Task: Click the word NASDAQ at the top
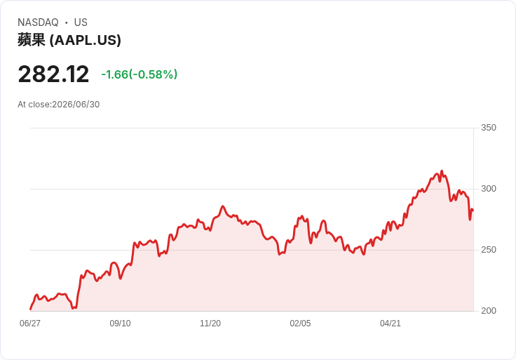(38, 22)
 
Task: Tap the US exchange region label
(81, 22)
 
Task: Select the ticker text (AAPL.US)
(86, 40)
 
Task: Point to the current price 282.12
(53, 74)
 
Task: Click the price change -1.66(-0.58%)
(140, 74)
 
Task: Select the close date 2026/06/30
(76, 105)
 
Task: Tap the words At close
(34, 105)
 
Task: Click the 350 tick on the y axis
(489, 128)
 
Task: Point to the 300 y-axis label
(489, 189)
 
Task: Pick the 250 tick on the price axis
(489, 250)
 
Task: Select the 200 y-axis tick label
(489, 311)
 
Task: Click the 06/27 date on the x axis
(30, 324)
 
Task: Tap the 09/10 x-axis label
(120, 324)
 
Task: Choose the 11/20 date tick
(210, 324)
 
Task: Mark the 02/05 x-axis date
(300, 324)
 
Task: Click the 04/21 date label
(391, 324)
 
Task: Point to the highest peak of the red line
(442, 171)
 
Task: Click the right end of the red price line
(473, 210)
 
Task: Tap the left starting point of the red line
(31, 309)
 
